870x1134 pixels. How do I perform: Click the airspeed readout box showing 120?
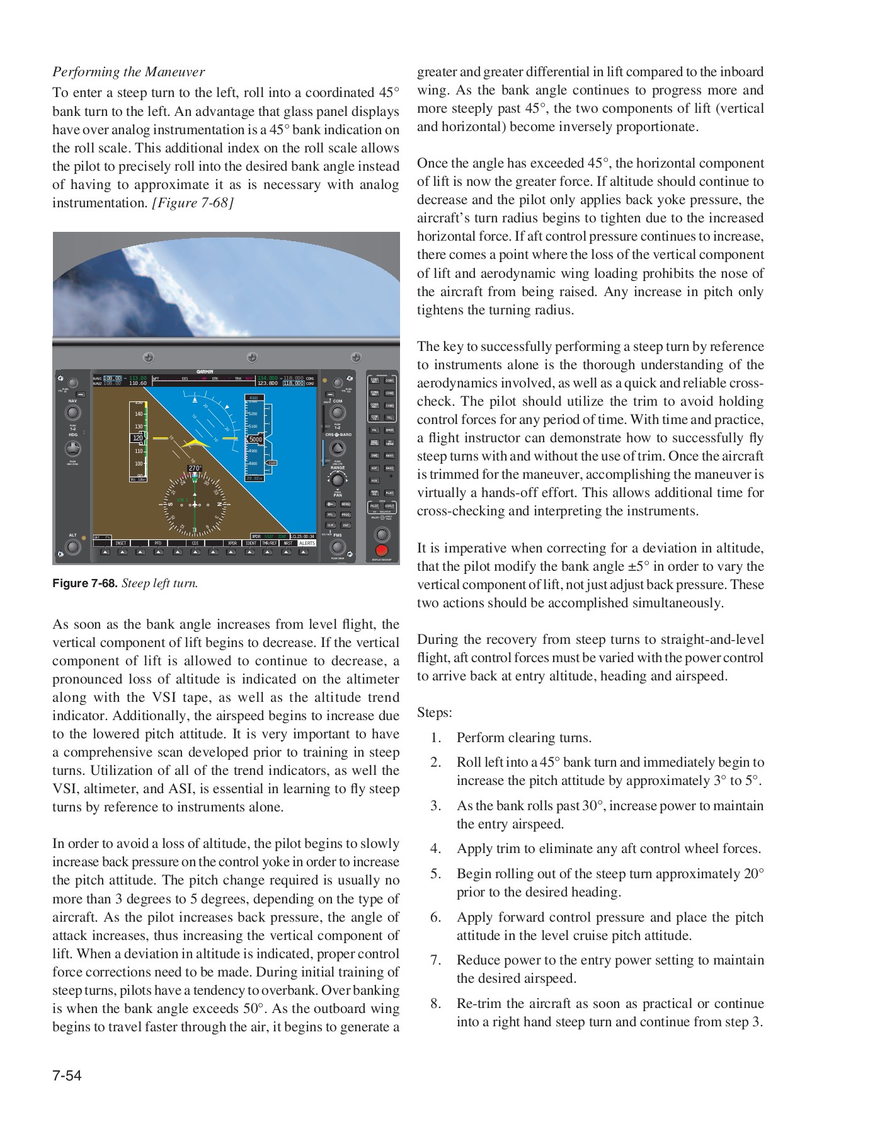click(137, 438)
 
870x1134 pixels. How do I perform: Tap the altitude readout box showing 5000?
click(255, 440)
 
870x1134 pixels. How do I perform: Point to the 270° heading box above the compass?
click(195, 469)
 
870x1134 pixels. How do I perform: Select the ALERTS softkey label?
click(307, 543)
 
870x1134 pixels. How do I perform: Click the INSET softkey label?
click(120, 543)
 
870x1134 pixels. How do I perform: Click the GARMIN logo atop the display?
click(205, 372)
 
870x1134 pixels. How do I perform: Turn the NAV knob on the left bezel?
click(73, 413)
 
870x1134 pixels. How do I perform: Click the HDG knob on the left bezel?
click(73, 449)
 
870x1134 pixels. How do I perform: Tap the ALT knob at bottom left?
click(73, 547)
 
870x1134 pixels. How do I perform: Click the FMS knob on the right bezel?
click(338, 547)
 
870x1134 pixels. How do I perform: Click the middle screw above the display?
click(252, 358)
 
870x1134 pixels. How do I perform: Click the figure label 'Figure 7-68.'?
click(84, 583)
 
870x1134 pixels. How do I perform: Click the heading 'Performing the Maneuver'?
click(129, 72)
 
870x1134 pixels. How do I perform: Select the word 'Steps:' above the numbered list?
click(434, 713)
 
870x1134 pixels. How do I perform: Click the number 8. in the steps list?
click(436, 1004)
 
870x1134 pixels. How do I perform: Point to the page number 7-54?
click(67, 1075)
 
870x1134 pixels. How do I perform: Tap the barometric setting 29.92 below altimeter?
click(254, 478)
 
